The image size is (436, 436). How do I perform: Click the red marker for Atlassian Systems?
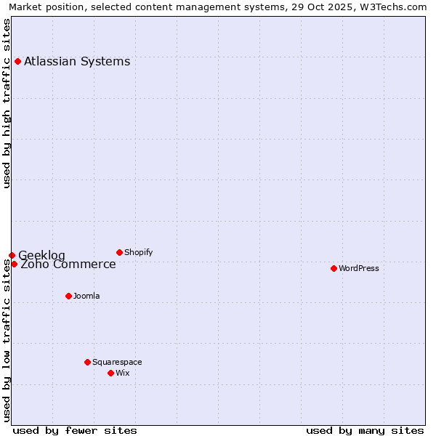(17, 61)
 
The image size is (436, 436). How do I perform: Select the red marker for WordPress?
(334, 268)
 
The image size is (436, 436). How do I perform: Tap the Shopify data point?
(119, 252)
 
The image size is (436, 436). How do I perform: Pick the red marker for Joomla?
(68, 296)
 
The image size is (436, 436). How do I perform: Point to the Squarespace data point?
(87, 362)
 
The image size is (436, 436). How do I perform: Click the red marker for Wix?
(110, 373)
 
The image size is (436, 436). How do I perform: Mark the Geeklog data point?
(12, 255)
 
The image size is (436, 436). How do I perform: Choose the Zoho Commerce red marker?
(14, 264)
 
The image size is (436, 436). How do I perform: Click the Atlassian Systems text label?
(77, 61)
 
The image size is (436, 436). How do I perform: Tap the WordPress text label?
(359, 268)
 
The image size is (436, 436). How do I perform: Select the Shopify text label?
(138, 252)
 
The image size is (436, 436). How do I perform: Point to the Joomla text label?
(86, 296)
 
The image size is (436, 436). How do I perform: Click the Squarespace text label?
(117, 362)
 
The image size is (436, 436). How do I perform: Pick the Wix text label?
(122, 373)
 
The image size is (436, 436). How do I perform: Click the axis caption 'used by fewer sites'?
(75, 430)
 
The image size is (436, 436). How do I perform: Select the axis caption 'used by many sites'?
(365, 430)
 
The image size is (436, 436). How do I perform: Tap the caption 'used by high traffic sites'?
(7, 103)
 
